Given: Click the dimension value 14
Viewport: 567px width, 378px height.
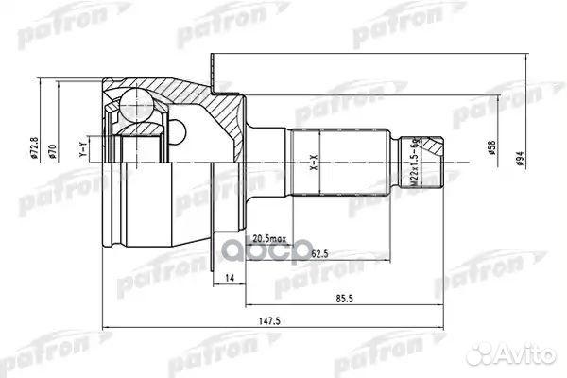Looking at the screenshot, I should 230,278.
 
